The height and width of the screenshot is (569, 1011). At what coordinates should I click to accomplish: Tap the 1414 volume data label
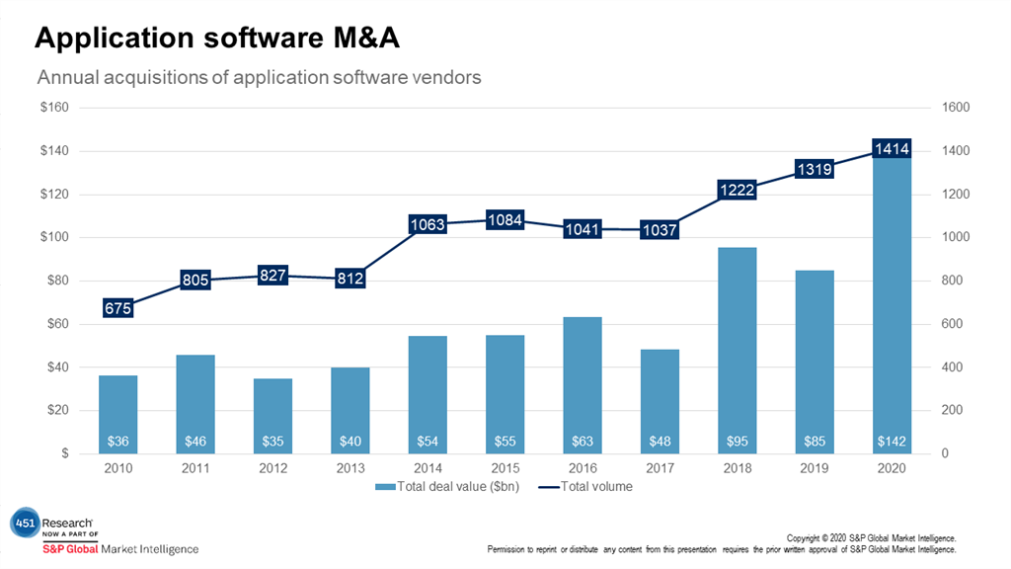pyautogui.click(x=891, y=149)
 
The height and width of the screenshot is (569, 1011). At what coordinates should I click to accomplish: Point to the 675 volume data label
pyautogui.click(x=117, y=308)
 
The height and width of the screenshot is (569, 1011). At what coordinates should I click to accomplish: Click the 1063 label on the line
pyautogui.click(x=428, y=224)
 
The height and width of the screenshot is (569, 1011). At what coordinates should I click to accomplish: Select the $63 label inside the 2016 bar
pyautogui.click(x=583, y=440)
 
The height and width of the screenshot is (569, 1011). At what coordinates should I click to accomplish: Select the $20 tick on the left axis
pyautogui.click(x=57, y=410)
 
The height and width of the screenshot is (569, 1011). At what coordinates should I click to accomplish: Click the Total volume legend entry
pyautogui.click(x=586, y=486)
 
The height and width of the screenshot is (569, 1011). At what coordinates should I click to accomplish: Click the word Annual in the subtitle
pyautogui.click(x=68, y=76)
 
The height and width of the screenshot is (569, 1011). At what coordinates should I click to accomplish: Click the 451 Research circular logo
pyautogui.click(x=23, y=525)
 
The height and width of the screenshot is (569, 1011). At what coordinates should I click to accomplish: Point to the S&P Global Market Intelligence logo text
pyautogui.click(x=119, y=549)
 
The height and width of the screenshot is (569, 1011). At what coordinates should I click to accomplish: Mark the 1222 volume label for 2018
pyautogui.click(x=737, y=190)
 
